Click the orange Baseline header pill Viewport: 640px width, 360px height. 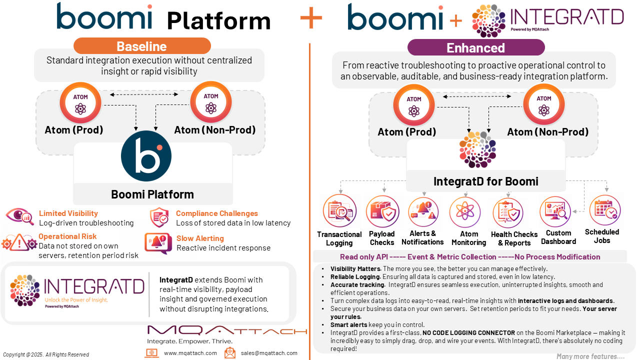coord(142,46)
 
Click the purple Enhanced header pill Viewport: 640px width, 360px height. coord(475,48)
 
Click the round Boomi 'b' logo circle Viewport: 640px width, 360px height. coord(146,156)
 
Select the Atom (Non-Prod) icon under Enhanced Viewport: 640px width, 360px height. coord(543,105)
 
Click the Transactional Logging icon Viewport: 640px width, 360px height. coord(339,211)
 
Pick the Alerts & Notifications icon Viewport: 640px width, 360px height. coord(423,212)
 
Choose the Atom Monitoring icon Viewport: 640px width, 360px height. coord(465,212)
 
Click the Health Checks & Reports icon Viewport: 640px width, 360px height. coord(508,213)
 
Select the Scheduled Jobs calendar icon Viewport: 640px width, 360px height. coord(604,210)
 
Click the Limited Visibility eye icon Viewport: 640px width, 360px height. coord(20,217)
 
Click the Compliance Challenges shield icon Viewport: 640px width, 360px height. coord(159,217)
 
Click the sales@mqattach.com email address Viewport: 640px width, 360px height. coord(269,353)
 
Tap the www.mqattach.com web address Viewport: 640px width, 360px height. coord(190,353)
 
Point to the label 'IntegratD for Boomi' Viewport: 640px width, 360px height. coord(485,181)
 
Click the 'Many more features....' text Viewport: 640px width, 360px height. coord(590,356)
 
